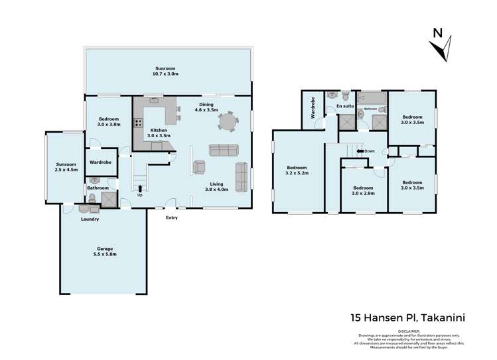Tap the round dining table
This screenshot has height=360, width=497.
(x=228, y=123)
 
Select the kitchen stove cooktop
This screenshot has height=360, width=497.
(x=139, y=122)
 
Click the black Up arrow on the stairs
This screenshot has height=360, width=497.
(x=140, y=188)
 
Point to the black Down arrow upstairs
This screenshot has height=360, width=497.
(x=360, y=151)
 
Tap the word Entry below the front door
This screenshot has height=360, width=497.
(x=171, y=217)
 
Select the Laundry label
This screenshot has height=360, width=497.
(x=90, y=219)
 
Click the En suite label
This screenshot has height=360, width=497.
(x=344, y=106)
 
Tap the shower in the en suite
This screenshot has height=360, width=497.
(x=346, y=122)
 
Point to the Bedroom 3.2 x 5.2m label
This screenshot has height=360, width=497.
(x=297, y=170)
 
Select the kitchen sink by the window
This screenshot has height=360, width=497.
(x=154, y=102)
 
